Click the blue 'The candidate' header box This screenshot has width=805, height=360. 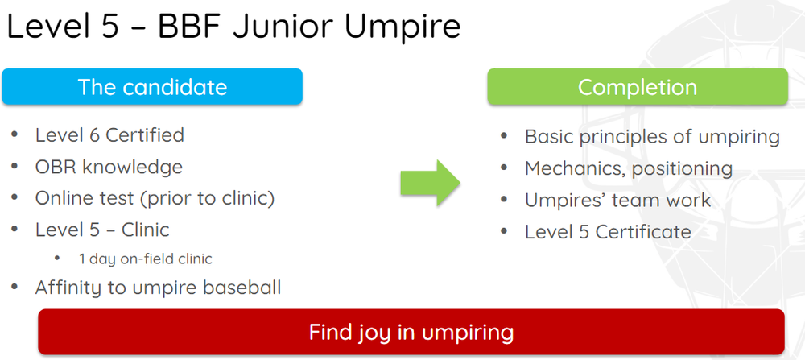(x=152, y=87)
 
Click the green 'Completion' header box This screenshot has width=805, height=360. (x=637, y=87)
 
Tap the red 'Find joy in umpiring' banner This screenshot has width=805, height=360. (x=411, y=331)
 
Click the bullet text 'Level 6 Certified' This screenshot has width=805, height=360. (x=109, y=134)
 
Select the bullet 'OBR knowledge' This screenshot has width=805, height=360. (x=109, y=167)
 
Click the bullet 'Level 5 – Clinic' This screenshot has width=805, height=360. (x=102, y=230)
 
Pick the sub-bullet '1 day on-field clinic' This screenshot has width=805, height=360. (x=145, y=259)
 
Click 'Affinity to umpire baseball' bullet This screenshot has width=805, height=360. (x=158, y=287)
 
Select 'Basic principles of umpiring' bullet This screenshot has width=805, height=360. (x=652, y=137)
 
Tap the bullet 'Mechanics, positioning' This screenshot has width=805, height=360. (x=628, y=168)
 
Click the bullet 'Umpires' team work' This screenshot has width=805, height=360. (x=617, y=200)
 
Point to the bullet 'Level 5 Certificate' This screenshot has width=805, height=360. (x=608, y=232)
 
